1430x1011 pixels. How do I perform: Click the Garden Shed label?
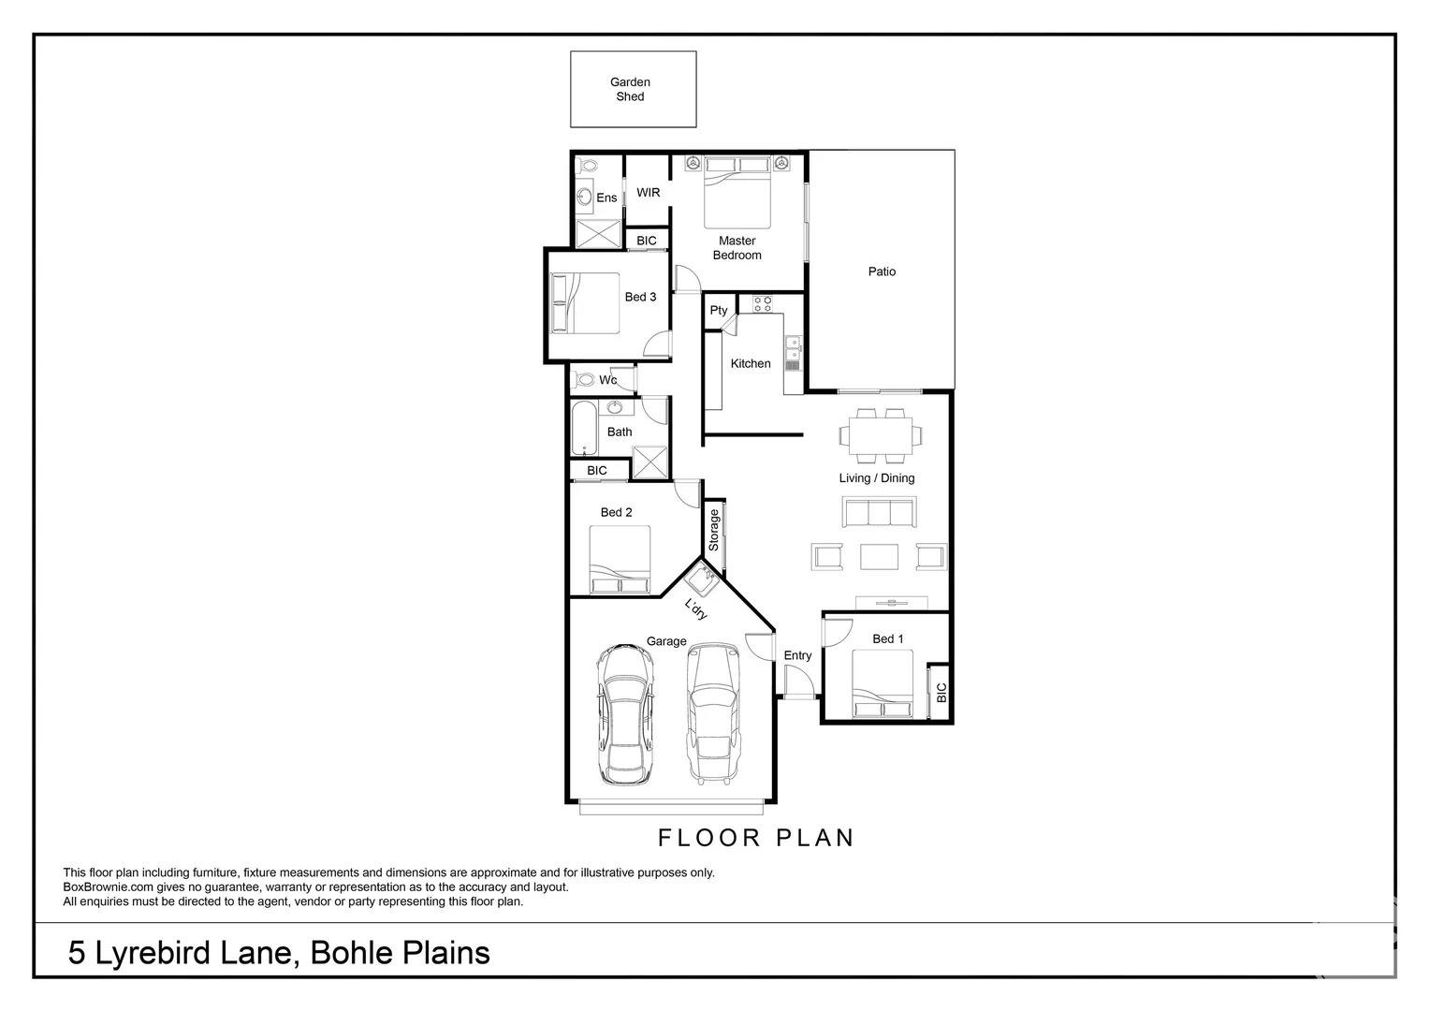[x=630, y=90]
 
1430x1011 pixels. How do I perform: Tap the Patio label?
[x=882, y=271]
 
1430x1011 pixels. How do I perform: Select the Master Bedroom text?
[x=737, y=248]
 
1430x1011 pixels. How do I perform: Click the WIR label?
[x=648, y=192]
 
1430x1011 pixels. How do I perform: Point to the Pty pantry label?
[x=718, y=311]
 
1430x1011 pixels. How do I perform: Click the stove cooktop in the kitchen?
[x=762, y=303]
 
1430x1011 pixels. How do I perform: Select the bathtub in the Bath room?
[x=584, y=427]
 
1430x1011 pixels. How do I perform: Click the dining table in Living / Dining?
[x=881, y=435]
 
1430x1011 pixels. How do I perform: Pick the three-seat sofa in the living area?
[x=879, y=511]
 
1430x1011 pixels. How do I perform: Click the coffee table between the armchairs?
[x=879, y=556]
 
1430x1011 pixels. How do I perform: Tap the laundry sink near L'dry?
[x=702, y=579]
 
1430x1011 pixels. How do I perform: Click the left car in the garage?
[x=625, y=714]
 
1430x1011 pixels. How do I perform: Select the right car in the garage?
[x=713, y=712]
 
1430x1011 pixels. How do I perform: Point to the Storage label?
[x=714, y=530]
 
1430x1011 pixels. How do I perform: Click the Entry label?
[x=797, y=655]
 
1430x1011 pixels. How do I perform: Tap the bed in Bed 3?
[x=585, y=303]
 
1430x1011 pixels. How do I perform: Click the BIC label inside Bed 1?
[x=941, y=693]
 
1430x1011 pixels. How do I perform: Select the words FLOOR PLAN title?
[x=756, y=838]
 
